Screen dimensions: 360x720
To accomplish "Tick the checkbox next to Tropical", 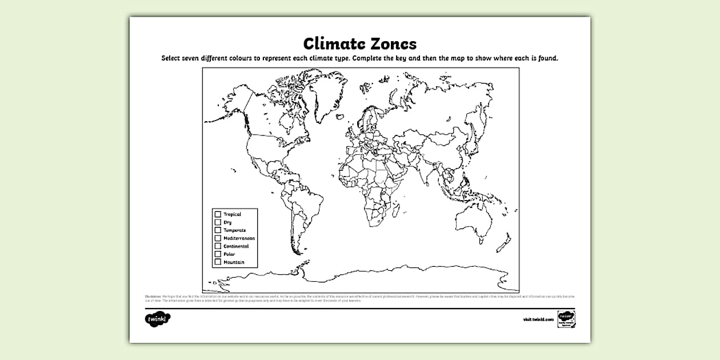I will (218, 214).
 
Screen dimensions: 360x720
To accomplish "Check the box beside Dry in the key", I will (218, 222).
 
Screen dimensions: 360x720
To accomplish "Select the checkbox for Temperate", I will (218, 230).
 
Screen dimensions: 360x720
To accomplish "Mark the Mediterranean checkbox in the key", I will (218, 238).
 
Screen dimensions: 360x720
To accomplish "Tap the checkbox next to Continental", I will (218, 246).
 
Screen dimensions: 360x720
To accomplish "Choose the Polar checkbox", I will (218, 254).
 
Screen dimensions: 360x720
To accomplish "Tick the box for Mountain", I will (218, 262).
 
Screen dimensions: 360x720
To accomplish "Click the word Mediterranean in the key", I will (239, 238).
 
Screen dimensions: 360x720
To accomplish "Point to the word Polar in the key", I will (229, 254).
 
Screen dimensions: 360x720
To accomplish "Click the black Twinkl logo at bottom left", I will (158, 318).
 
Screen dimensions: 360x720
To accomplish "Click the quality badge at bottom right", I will (565, 318).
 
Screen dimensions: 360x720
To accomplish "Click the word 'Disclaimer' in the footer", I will (153, 296).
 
